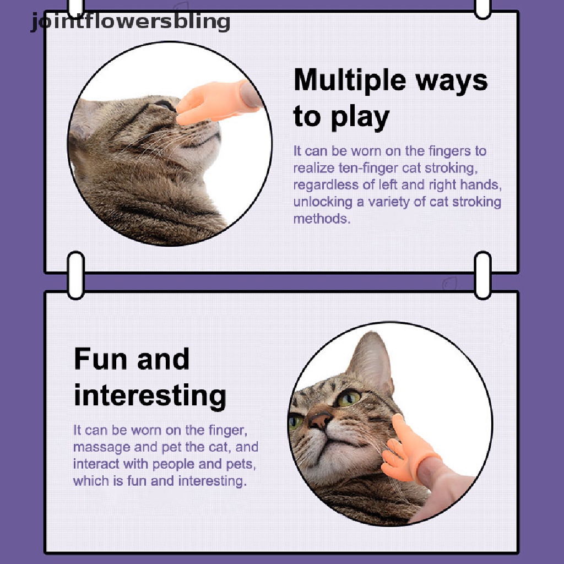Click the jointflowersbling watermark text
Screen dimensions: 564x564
point(131,22)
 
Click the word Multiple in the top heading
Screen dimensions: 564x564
point(350,80)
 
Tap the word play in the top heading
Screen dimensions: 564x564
point(360,117)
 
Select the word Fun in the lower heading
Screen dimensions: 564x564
point(100,359)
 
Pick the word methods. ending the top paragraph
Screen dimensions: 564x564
point(322,219)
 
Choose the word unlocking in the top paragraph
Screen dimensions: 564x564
point(323,202)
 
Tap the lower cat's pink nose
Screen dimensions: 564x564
point(319,419)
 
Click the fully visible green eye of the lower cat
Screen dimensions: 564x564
point(348,398)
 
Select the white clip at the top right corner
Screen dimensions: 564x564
point(482,8)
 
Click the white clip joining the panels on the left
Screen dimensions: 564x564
point(76,275)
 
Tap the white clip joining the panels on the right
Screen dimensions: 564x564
point(482,275)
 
